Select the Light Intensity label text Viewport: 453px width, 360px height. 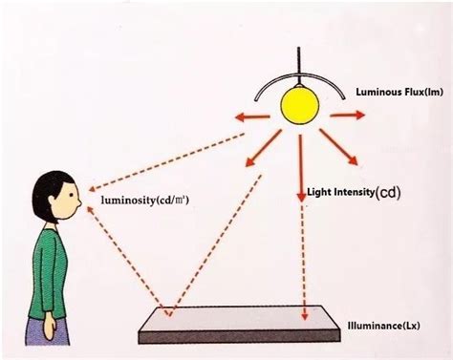coord(340,192)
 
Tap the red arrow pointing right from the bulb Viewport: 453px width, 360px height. coord(349,114)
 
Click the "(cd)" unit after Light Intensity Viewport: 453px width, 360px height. coord(388,192)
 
